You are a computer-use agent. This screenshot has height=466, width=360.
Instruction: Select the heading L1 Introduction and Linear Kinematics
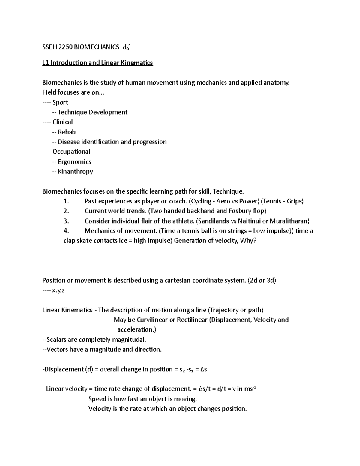point(97,63)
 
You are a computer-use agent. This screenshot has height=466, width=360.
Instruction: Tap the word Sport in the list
point(60,102)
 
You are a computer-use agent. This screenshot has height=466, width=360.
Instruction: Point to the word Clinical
point(62,122)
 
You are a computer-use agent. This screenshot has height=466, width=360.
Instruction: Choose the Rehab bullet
point(67,132)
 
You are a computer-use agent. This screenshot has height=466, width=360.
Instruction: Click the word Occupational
point(71,152)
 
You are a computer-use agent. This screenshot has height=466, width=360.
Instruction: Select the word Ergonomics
point(74,162)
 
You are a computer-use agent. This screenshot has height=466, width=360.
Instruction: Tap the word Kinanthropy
point(75,172)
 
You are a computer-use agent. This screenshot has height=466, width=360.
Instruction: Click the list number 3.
point(66,221)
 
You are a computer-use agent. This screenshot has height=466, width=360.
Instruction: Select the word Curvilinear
point(152,320)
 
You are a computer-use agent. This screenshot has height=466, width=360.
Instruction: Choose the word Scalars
point(56,340)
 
